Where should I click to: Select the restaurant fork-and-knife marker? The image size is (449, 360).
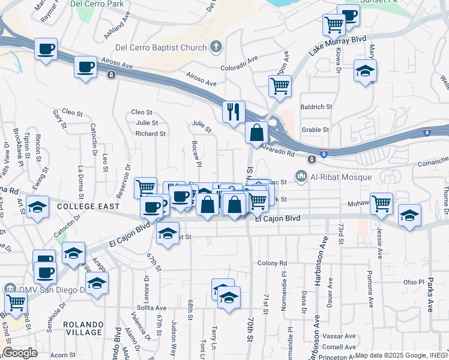tap(233, 112)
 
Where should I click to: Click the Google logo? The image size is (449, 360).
tap(20, 353)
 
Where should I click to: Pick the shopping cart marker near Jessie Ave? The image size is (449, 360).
tap(382, 203)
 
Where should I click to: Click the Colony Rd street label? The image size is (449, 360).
tap(273, 263)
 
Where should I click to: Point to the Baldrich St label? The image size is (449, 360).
tap(316, 107)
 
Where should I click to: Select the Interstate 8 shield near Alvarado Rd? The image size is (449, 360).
tap(324, 154)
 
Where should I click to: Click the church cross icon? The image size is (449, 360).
tap(216, 46)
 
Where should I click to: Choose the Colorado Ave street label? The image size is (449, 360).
tap(239, 68)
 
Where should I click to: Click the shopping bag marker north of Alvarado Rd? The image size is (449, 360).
tap(257, 132)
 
